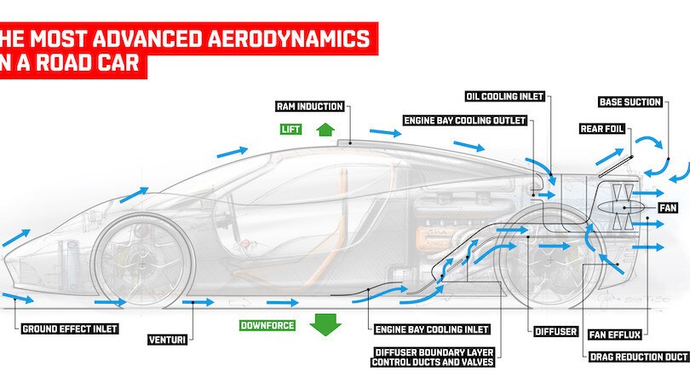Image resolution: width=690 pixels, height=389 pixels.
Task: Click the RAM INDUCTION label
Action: pos(309,107)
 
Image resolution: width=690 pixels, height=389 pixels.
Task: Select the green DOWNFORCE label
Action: pos(267,325)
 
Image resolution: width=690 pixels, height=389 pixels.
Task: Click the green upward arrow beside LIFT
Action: pos(323,129)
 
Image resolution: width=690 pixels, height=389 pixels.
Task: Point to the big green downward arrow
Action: pos(325,324)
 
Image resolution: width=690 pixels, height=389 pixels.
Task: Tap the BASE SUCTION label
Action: pos(630,102)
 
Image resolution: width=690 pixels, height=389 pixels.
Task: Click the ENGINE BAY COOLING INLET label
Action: pos(420,328)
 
